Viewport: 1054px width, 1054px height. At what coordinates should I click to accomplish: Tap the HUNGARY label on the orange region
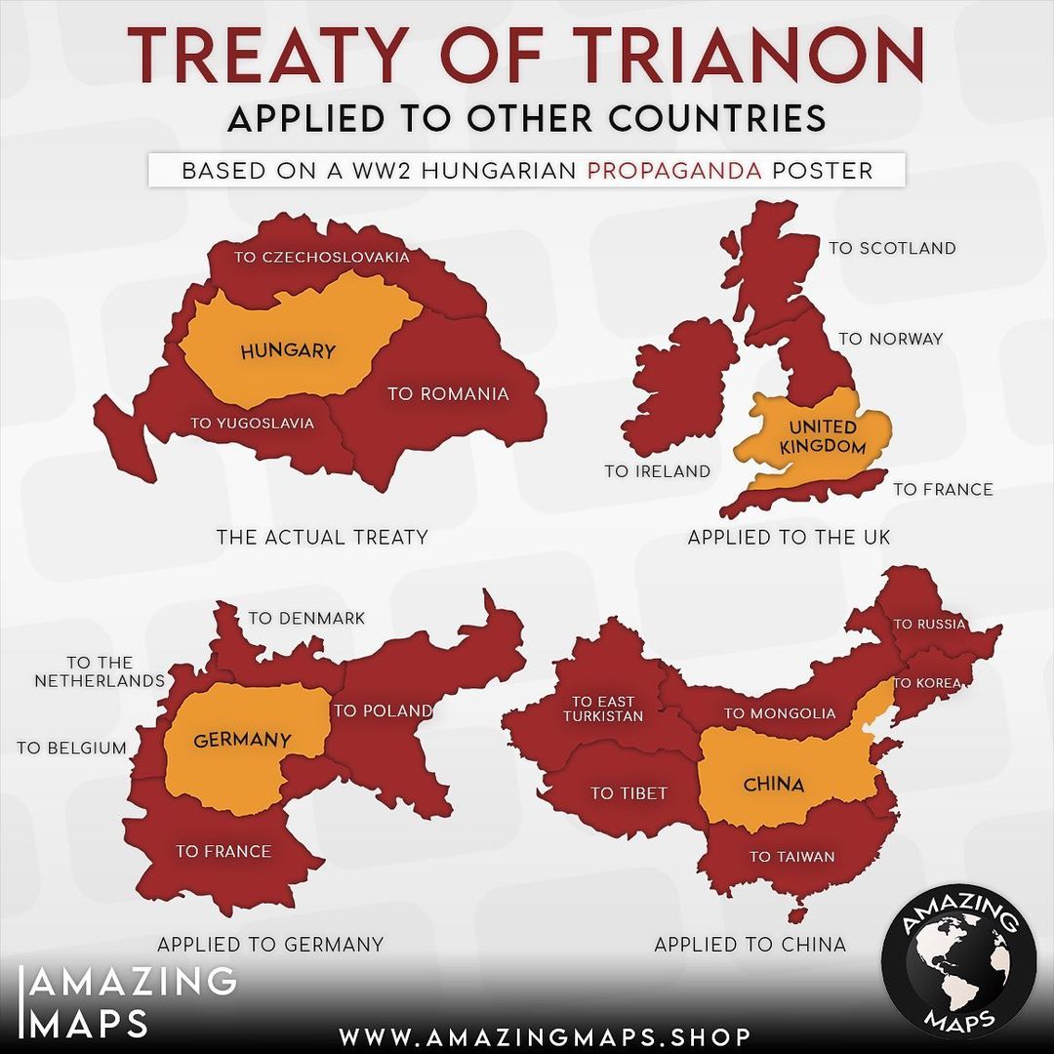[x=287, y=351]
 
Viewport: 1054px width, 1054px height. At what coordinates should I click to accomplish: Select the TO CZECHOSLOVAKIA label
[x=321, y=257]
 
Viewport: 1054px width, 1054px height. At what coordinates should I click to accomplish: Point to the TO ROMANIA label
[x=448, y=394]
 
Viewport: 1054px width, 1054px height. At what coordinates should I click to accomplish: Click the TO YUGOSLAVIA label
[x=253, y=423]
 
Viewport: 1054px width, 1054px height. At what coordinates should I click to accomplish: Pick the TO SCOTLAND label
[x=892, y=248]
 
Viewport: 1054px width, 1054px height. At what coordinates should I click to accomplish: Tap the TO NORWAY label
[x=891, y=339]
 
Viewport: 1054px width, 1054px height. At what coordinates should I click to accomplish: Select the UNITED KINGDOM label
[x=823, y=437]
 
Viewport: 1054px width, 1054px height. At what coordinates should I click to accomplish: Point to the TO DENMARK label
[x=306, y=618]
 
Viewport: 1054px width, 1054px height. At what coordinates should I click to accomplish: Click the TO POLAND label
[x=383, y=710]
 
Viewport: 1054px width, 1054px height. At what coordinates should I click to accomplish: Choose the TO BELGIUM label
[x=72, y=748]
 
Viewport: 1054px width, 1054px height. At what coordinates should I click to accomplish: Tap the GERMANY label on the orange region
[x=242, y=740]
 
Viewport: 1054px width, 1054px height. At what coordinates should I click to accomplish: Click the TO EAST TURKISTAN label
[x=603, y=709]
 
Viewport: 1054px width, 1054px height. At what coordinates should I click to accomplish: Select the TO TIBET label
[x=628, y=793]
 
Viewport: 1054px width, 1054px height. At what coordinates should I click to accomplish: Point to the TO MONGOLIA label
[x=780, y=713]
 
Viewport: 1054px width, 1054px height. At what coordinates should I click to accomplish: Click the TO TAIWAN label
[x=791, y=857]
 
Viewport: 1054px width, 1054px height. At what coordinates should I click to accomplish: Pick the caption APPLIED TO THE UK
[x=789, y=537]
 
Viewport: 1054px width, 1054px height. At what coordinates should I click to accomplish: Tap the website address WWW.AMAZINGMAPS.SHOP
[x=546, y=1035]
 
